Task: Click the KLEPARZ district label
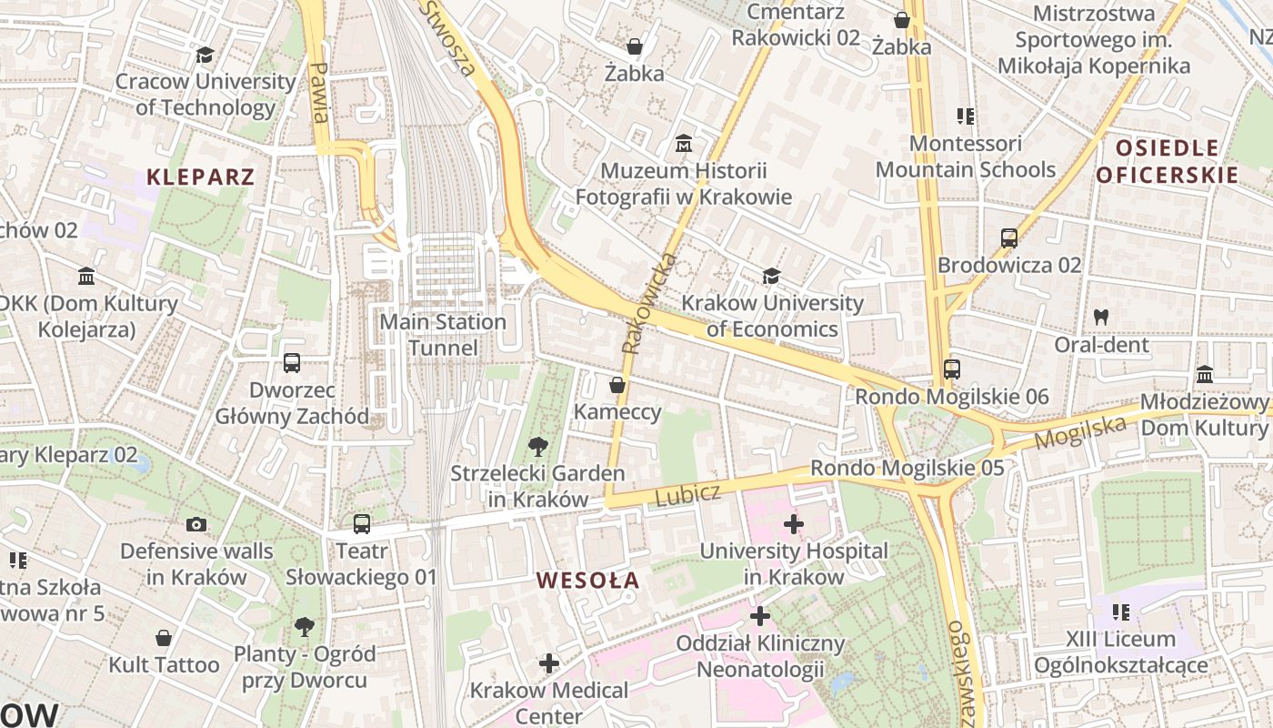(200, 177)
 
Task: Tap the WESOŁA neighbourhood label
(587, 580)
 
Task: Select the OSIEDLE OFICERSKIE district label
(1167, 161)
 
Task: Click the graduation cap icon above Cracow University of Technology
(205, 56)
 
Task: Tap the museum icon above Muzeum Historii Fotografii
(684, 144)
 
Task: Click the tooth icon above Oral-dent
(1101, 318)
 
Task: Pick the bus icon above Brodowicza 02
(1008, 238)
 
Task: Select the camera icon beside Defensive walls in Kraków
(195, 524)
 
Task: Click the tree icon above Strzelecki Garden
(538, 446)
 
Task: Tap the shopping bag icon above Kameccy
(617, 385)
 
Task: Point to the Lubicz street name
(687, 494)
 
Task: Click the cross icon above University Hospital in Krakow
(794, 524)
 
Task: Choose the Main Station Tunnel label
(443, 334)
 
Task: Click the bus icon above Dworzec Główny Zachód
(292, 363)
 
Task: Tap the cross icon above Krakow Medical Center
(549, 663)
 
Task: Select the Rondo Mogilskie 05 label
(907, 468)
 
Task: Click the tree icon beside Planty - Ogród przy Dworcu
(305, 627)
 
